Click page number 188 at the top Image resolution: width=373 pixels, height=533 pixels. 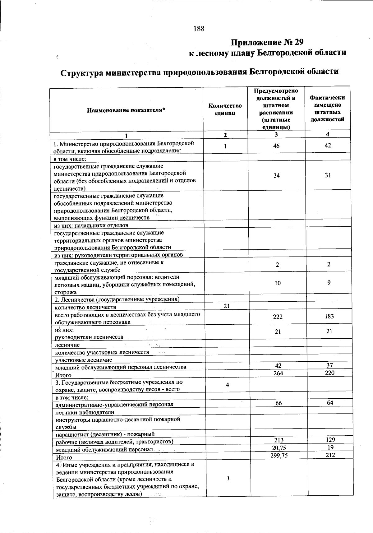click(x=199, y=29)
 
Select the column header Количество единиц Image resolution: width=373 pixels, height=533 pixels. click(x=225, y=109)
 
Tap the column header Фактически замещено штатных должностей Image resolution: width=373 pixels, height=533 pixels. click(x=328, y=108)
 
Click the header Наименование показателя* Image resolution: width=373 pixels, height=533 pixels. click(x=126, y=110)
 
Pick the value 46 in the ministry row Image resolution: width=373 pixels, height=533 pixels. click(x=276, y=146)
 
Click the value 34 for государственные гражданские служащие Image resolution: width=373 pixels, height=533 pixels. click(x=277, y=175)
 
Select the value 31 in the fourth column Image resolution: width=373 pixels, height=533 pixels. click(x=328, y=175)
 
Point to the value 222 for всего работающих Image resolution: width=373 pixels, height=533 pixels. click(x=278, y=317)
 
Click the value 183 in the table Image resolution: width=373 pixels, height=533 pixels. click(x=329, y=316)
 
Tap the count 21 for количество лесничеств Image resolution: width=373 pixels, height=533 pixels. click(x=227, y=306)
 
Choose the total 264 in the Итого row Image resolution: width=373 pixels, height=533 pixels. click(x=278, y=373)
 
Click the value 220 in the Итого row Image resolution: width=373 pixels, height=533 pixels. click(x=329, y=373)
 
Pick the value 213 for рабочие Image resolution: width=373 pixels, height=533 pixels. click(x=279, y=440)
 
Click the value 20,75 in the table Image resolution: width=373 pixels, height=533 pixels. click(x=279, y=448)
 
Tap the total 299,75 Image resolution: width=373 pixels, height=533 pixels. click(x=279, y=456)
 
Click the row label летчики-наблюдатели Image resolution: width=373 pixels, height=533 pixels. click(x=85, y=412)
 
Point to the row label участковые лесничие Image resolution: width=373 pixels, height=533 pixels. click(x=84, y=360)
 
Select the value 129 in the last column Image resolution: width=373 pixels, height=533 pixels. click(x=330, y=440)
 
